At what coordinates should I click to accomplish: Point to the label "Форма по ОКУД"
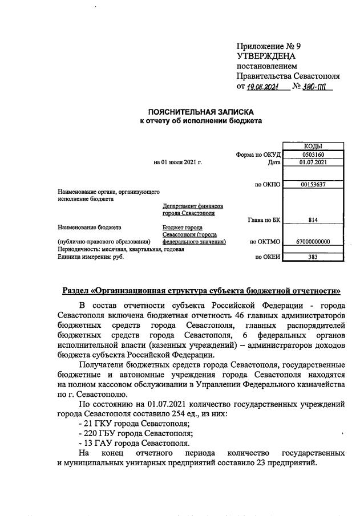tap(258, 155)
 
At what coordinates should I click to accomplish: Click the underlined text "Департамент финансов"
tap(193, 206)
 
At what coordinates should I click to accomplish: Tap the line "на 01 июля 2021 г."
tap(178, 162)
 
